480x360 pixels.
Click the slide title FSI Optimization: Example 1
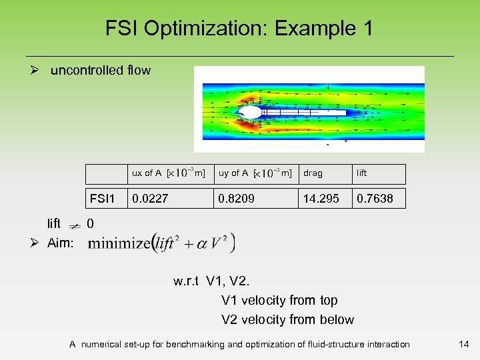click(x=239, y=29)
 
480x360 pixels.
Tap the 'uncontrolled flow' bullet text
click(x=101, y=70)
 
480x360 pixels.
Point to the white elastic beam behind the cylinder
click(x=304, y=113)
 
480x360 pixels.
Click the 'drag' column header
click(x=313, y=173)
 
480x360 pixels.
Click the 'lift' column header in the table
click(x=361, y=173)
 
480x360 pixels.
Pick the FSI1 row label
click(x=103, y=199)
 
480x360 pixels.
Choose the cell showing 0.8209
click(x=237, y=199)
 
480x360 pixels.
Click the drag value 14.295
click(x=321, y=199)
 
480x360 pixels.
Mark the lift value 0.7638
click(x=375, y=199)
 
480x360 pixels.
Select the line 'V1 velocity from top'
click(x=279, y=301)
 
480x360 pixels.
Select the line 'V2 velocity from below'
click(x=287, y=319)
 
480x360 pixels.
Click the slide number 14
click(x=464, y=344)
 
